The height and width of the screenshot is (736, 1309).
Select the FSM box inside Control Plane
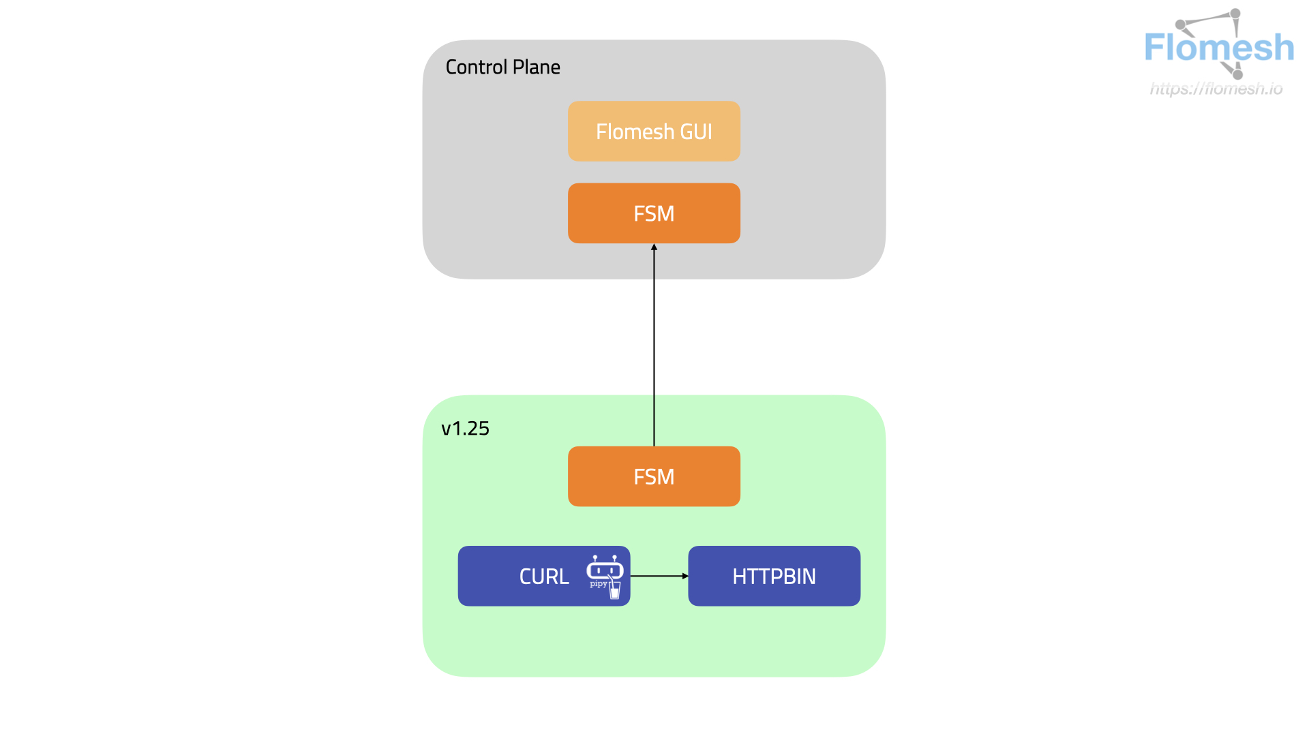654,213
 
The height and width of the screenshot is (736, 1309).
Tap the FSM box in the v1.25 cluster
654,476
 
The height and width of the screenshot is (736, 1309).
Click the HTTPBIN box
774,577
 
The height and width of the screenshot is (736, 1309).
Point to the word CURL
543,577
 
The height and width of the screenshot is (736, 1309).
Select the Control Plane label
502,67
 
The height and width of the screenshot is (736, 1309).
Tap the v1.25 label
465,429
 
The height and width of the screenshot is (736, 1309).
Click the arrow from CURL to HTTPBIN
658,576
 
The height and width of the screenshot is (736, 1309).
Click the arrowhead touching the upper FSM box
654,247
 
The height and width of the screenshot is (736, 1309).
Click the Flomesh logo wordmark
1219,48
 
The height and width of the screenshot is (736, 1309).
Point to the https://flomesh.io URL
1216,89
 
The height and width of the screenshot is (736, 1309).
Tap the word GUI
696,132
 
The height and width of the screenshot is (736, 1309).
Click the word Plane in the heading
537,67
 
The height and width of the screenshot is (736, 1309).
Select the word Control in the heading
476,67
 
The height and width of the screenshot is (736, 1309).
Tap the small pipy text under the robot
598,584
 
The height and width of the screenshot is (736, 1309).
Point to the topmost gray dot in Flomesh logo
1235,13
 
